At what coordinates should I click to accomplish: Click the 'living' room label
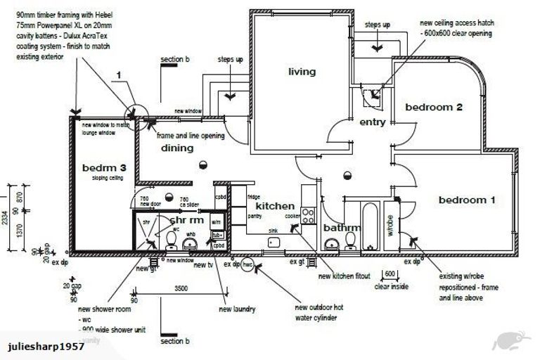pos(302,71)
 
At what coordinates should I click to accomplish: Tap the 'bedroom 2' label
pos(433,108)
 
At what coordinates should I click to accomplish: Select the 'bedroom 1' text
pos(467,200)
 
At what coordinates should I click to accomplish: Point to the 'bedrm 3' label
pos(104,168)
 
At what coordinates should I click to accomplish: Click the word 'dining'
pos(177,148)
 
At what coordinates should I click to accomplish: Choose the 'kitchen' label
pos(275,206)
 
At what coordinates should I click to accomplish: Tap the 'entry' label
pos(372,122)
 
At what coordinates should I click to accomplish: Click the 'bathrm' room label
pos(342,228)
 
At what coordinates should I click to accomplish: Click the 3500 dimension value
pos(181,288)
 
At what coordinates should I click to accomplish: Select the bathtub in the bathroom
pos(369,225)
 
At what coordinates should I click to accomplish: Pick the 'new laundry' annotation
pos(237,309)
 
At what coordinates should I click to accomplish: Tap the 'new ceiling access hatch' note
pos(456,27)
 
